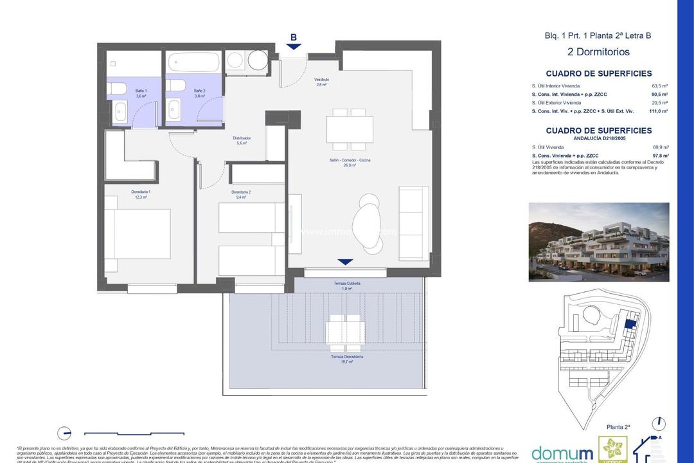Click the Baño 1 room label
[140, 91]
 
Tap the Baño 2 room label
[199, 91]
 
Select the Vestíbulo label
[321, 82]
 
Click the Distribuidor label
[241, 140]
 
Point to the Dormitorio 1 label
[141, 194]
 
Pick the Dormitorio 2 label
[240, 194]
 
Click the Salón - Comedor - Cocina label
[350, 162]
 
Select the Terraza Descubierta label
[347, 359]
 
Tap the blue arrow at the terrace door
[346, 262]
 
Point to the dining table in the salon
[349, 129]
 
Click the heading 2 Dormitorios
[598, 52]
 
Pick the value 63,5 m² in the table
[660, 86]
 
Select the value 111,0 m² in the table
[659, 111]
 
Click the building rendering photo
[598, 242]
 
